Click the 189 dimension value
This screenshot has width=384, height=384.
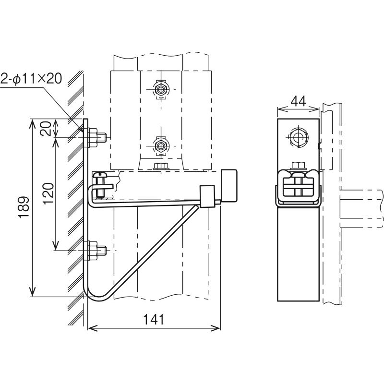(24, 206)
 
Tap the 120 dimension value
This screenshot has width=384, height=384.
(48, 193)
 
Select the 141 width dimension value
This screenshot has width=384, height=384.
(154, 319)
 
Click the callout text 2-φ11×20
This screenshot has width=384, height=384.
(31, 79)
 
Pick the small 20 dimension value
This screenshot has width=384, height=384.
(46, 129)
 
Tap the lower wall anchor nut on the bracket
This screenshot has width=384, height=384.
(93, 250)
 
